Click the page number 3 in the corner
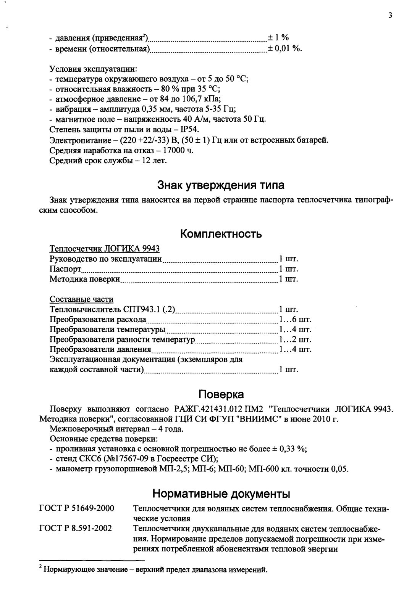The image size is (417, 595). (x=390, y=16)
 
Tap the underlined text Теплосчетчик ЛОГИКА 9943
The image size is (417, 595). (x=105, y=249)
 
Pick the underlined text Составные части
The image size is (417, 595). (x=81, y=299)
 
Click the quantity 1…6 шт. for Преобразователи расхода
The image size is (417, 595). (x=295, y=319)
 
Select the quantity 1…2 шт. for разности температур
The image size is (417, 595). (x=295, y=339)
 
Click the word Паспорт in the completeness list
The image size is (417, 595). (x=65, y=269)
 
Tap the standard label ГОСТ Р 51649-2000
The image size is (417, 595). (x=77, y=509)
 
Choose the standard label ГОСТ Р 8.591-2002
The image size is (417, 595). (x=76, y=529)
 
